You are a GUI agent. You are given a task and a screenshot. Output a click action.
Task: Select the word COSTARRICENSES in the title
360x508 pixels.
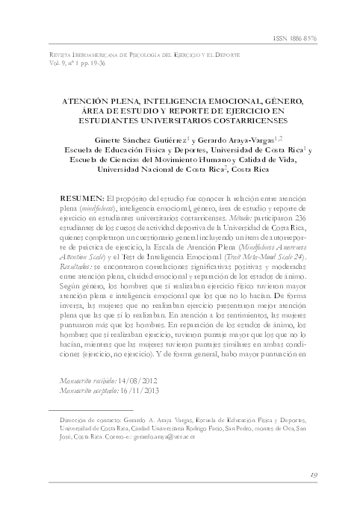click(251, 120)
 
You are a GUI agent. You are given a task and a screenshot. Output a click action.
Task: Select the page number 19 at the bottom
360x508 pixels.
click(314, 474)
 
